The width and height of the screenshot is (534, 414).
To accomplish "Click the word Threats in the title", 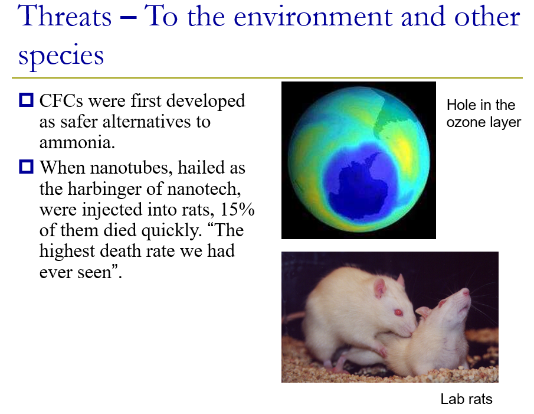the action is [64, 17].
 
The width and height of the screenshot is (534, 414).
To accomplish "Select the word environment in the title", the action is [313, 17].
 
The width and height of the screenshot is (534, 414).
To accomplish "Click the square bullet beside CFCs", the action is [26, 100].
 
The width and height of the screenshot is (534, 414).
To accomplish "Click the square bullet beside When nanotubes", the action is [26, 167].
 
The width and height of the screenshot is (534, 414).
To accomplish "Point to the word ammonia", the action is [77, 142].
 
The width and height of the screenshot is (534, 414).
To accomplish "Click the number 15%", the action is [237, 210].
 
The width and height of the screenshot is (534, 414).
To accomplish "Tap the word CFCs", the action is [61, 101].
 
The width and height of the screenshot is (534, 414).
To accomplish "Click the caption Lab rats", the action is [466, 399].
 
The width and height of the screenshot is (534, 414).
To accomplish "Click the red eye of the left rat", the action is [398, 312].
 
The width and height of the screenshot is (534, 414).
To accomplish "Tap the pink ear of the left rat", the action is [379, 288].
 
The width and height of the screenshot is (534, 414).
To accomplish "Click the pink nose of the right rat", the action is [466, 291].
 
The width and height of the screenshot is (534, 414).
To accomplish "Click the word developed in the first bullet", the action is [205, 102].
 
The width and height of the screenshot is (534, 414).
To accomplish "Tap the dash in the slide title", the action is [129, 17].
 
